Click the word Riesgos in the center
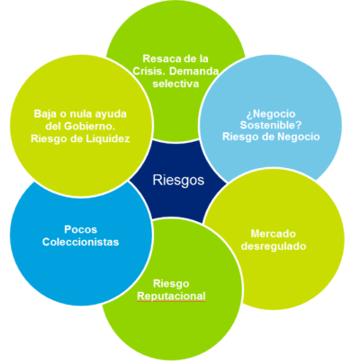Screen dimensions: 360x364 (x=178, y=181)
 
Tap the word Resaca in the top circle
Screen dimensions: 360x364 (x=158, y=58)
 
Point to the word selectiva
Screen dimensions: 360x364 (x=175, y=84)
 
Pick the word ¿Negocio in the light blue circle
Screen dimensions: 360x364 (x=271, y=113)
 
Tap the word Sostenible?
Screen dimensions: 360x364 (x=271, y=125)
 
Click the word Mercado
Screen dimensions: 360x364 (x=274, y=234)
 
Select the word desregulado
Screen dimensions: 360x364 (x=274, y=246)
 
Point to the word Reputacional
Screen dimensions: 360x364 (x=171, y=296)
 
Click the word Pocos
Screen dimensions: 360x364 (x=80, y=229)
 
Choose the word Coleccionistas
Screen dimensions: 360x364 (x=80, y=242)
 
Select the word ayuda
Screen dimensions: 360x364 (x=112, y=114)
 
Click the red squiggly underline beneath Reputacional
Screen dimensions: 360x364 (x=171, y=301)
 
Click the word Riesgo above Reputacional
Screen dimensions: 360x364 (x=171, y=284)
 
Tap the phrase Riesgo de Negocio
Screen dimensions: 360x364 (x=271, y=137)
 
